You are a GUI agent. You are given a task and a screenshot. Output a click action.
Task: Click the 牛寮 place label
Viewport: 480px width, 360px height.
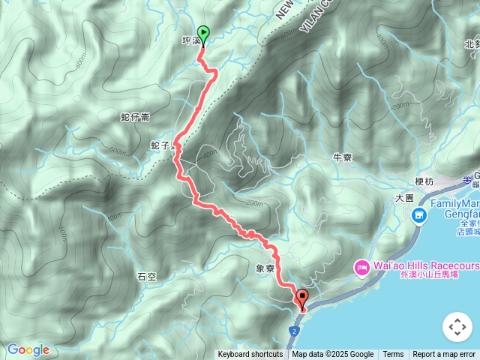342,157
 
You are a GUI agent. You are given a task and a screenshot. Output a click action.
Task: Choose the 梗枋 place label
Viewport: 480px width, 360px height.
424,181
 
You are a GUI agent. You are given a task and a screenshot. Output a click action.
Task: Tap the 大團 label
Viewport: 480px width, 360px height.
404,198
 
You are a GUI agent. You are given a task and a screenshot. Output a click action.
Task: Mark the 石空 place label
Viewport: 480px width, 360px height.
147,277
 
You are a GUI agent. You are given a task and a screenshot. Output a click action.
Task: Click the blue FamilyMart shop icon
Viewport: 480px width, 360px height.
418,216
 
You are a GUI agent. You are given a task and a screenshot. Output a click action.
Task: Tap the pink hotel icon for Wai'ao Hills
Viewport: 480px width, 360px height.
361,267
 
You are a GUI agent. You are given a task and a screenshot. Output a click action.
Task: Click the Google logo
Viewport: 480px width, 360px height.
28,349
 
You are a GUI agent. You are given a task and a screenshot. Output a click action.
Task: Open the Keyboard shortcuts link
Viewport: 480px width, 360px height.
250,355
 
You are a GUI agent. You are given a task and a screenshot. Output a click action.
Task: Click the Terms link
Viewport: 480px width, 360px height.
393,355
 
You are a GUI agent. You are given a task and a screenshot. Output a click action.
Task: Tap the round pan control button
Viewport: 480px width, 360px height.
456,327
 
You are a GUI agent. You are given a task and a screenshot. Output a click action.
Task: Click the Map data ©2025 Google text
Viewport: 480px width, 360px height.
332,355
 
